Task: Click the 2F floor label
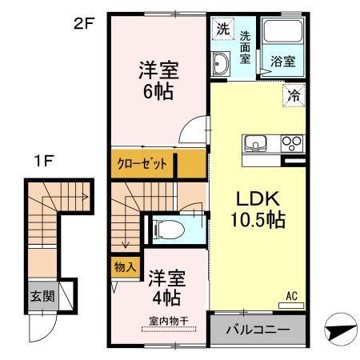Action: point(85,23)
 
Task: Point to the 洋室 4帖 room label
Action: point(166,290)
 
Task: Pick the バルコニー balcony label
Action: point(258,329)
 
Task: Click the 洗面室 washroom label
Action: point(245,46)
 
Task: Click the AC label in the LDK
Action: point(292,298)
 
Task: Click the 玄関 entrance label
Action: point(42,296)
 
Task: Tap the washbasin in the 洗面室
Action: point(222,65)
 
